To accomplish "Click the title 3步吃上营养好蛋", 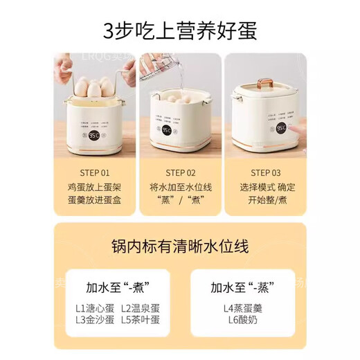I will click(x=180, y=31).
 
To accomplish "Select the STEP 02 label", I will click(x=181, y=172).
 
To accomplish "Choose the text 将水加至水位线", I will click(x=181, y=188).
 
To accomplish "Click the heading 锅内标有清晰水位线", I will click(x=180, y=246).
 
